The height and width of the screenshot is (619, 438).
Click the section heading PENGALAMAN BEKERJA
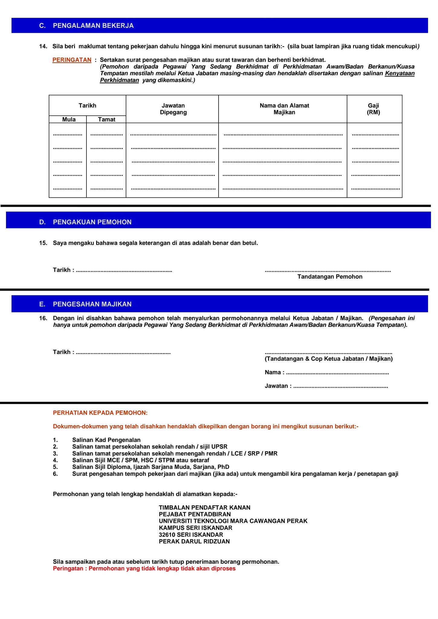(93, 26)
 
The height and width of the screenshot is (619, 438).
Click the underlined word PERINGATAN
(72, 60)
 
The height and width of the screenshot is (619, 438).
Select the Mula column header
(69, 119)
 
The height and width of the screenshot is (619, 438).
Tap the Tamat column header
(106, 119)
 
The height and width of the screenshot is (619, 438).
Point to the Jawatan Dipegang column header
(173, 109)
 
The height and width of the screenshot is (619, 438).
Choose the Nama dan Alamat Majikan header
(284, 109)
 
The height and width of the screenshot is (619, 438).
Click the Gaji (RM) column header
(373, 109)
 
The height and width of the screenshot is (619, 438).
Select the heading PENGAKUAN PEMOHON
(92, 222)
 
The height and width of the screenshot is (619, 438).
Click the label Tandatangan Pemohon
(330, 277)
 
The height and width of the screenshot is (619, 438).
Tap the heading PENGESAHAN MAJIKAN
(92, 304)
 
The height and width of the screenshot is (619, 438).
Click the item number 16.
(43, 318)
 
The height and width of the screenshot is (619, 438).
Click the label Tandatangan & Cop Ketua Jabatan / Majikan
(329, 359)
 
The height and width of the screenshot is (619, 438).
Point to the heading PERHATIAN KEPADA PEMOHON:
(100, 413)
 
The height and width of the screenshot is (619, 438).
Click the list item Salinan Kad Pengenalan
(106, 440)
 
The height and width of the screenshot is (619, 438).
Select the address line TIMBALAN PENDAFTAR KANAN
(205, 507)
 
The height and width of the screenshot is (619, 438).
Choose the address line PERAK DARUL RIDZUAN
(194, 541)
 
